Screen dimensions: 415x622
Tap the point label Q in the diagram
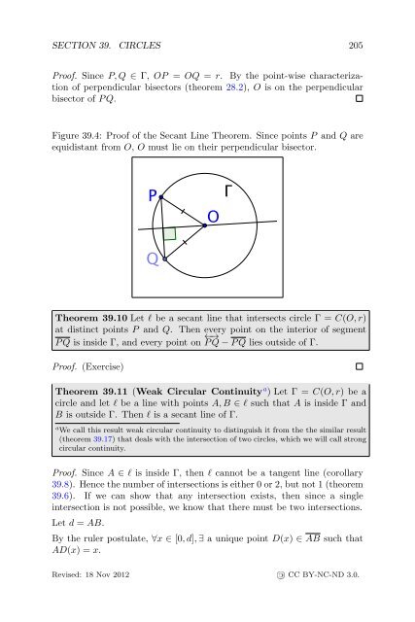tap(153, 259)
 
